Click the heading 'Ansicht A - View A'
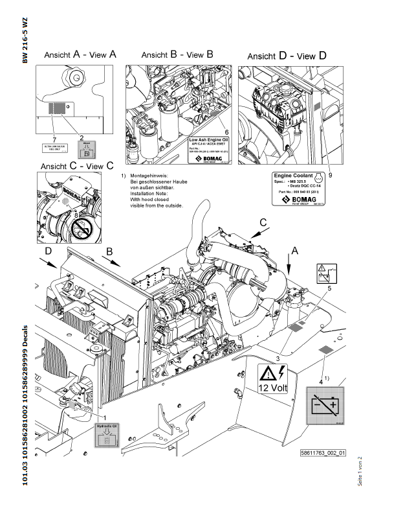coord(80,56)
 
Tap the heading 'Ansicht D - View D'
coord(287,56)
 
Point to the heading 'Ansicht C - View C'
coord(77,167)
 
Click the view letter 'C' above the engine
coord(263,222)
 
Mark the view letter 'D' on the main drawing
coord(47,249)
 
